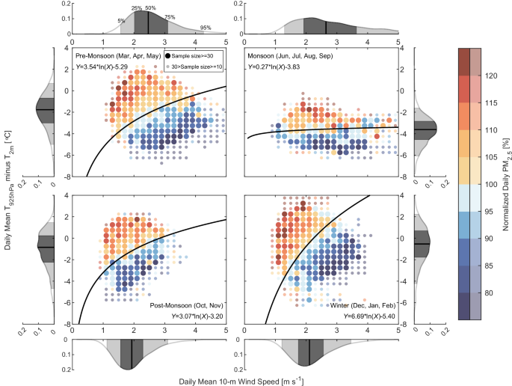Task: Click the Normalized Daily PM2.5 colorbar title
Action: coord(506,184)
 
